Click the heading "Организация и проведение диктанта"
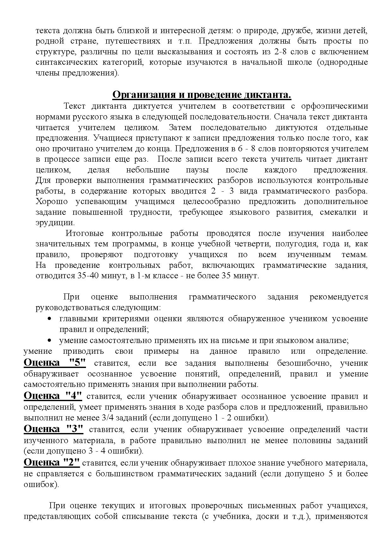point(202,95)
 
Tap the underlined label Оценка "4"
point(53,396)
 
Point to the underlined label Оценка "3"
point(53,429)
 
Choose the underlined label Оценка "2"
point(52,462)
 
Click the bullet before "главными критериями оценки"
point(49,319)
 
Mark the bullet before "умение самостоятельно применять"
point(49,340)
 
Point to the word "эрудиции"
point(55,223)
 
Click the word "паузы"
point(197,170)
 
